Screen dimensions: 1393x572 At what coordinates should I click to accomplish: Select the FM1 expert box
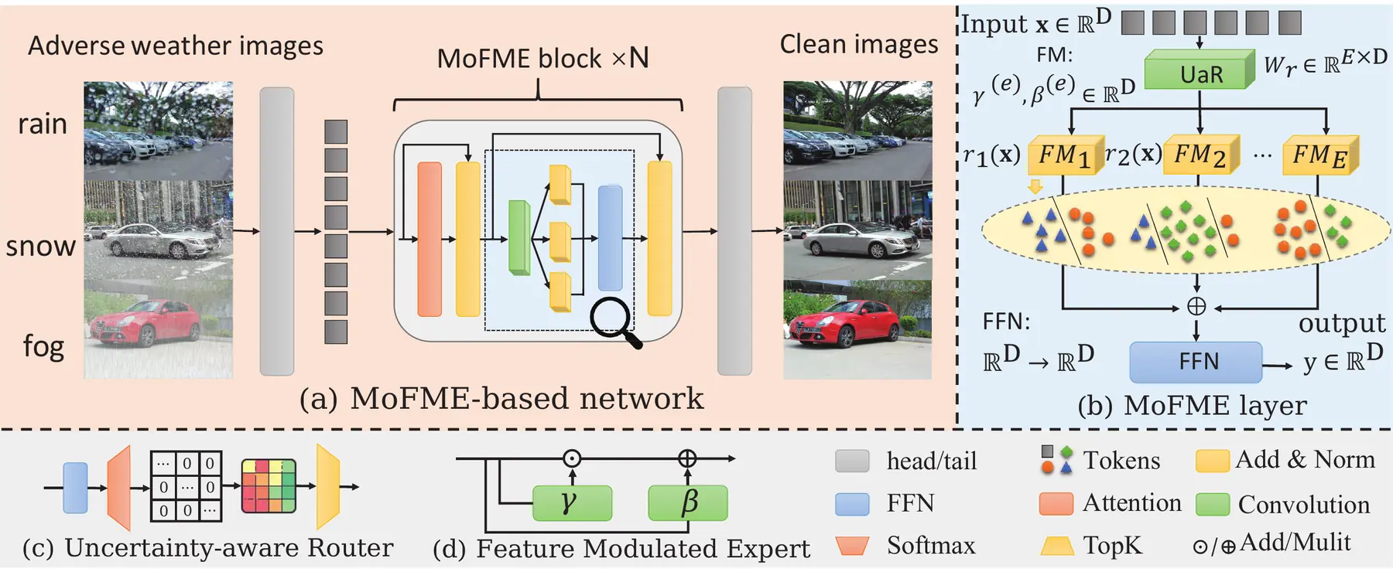pos(1066,155)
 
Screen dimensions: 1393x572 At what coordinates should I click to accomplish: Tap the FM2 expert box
pos(1202,155)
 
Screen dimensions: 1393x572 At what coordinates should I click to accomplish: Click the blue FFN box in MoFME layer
pos(1196,362)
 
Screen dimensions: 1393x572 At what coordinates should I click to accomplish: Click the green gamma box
pos(572,503)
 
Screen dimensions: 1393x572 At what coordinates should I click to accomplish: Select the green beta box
pos(688,503)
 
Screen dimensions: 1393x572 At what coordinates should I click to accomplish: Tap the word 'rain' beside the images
pos(43,124)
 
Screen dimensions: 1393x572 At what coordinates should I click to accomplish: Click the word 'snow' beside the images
pos(40,247)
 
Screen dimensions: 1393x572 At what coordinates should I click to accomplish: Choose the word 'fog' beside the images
pos(43,346)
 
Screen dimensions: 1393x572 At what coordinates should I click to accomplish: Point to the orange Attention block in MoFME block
pos(430,239)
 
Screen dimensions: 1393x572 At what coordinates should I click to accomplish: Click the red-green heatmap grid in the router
pos(269,486)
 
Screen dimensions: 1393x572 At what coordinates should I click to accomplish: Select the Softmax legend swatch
pos(852,546)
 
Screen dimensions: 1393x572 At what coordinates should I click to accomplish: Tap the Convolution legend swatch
pos(1213,504)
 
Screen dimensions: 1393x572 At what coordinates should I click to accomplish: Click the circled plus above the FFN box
pos(1196,307)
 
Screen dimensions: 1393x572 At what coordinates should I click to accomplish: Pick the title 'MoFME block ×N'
pos(542,58)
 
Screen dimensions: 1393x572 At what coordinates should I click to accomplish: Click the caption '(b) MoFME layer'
pos(1192,405)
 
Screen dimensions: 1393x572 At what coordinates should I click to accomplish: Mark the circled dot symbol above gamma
pos(572,458)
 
